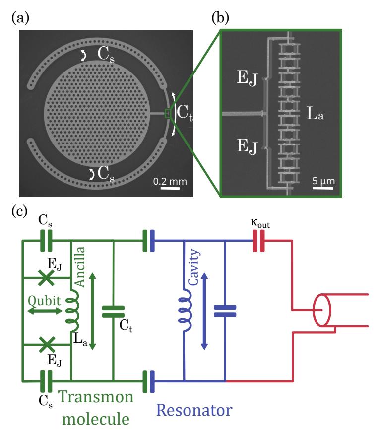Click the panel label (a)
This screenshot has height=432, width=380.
(x=20, y=18)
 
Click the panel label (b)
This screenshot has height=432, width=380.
(x=220, y=18)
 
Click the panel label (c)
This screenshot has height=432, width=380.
(x=19, y=212)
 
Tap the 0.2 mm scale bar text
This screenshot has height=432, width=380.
(x=170, y=181)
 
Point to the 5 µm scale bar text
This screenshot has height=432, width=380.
(x=323, y=181)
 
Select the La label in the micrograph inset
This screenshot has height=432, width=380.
(x=315, y=113)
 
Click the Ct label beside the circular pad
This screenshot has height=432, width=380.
(x=185, y=112)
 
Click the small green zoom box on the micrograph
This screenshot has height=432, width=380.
(x=168, y=113)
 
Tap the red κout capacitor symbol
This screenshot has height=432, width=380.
(x=258, y=241)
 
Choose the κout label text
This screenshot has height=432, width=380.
(x=260, y=223)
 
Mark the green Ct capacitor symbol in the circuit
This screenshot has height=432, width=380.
(x=113, y=312)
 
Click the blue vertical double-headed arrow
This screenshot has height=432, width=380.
(x=204, y=311)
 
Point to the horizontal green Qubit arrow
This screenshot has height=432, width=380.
(x=45, y=311)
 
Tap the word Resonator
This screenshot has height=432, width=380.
(x=194, y=410)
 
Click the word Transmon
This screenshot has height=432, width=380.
(x=96, y=397)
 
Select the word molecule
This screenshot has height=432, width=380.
(x=96, y=419)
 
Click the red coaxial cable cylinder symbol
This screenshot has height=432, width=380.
(x=321, y=310)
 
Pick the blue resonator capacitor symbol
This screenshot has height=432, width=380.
(x=225, y=311)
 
